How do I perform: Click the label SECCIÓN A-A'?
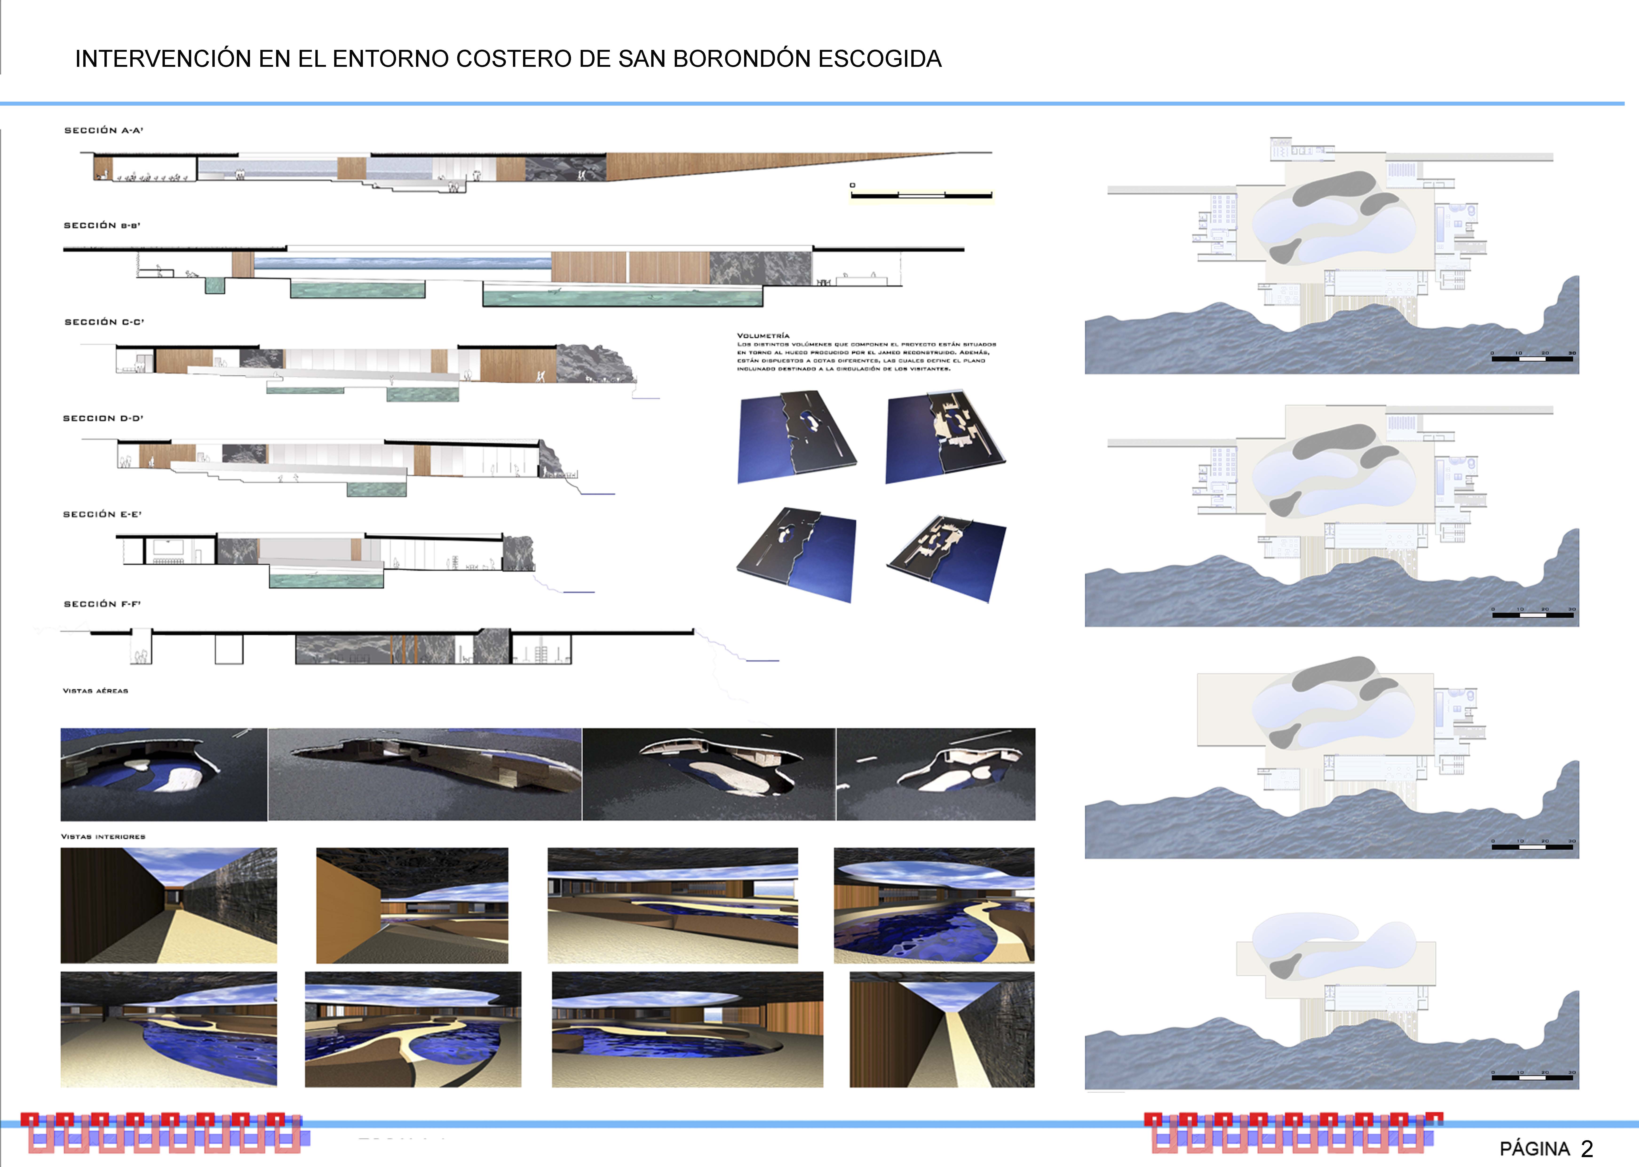[x=103, y=130]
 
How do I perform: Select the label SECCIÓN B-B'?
[x=102, y=226]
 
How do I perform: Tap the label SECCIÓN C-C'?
[x=104, y=322]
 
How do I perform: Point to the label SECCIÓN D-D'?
[x=103, y=418]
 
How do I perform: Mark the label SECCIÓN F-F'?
[x=102, y=604]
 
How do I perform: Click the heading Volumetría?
[x=763, y=336]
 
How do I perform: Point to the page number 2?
[x=1587, y=1148]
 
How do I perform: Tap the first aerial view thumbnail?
[x=164, y=774]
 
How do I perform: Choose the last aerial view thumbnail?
[x=935, y=774]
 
